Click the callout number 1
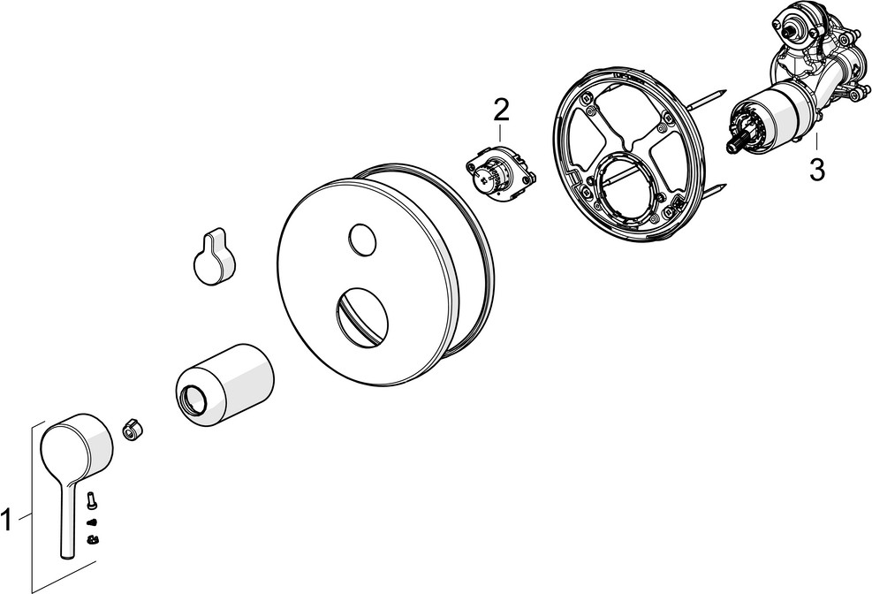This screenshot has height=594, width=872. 6,522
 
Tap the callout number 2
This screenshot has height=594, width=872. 501,111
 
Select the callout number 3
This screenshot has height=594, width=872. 817,171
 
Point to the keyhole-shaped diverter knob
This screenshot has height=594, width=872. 214,258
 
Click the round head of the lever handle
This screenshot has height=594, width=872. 76,442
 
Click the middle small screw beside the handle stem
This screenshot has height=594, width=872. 91,522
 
